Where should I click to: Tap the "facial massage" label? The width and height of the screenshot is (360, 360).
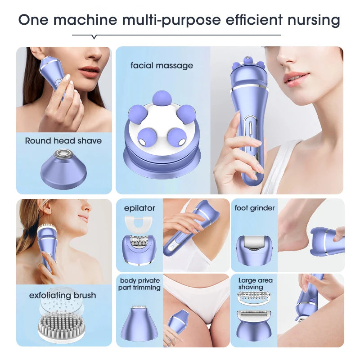coord(162,65)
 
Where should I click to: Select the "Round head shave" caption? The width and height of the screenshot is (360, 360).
coord(63,140)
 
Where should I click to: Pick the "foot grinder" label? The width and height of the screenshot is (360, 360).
coord(254,208)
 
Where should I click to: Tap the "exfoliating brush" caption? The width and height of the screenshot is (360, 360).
coord(63,295)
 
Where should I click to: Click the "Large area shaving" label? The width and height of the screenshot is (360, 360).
coord(255,283)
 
